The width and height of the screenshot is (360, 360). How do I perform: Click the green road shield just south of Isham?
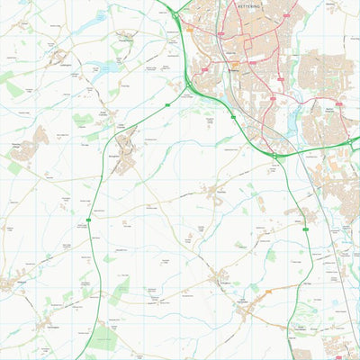305,230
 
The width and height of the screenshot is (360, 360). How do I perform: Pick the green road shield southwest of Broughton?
89,220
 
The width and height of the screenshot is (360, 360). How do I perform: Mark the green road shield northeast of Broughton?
167,105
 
